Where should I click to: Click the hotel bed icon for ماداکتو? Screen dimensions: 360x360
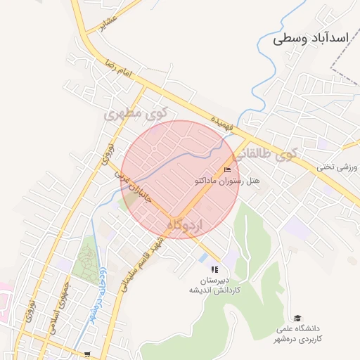(226, 170)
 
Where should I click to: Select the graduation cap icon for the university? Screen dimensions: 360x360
(297, 319)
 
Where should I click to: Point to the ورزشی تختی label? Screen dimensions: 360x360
(337, 167)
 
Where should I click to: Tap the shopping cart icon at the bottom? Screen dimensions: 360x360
(87, 354)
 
